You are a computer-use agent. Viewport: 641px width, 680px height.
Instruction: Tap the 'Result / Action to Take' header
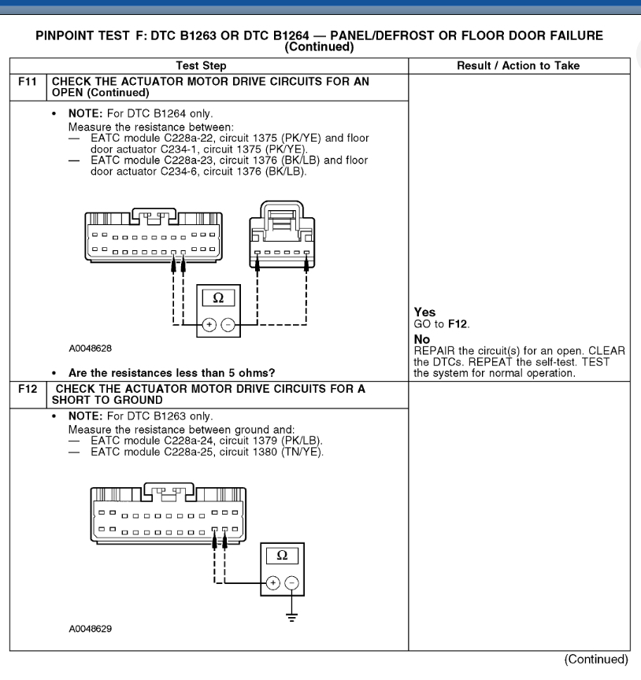(518, 65)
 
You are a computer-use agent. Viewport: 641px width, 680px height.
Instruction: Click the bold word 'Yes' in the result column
(424, 312)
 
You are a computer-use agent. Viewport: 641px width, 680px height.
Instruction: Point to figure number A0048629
(94, 628)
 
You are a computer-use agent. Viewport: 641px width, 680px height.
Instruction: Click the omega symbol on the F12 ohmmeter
(282, 555)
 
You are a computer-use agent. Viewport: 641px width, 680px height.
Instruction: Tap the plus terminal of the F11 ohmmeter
(209, 323)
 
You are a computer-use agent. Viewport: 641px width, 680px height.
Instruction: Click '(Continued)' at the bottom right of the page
(595, 660)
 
